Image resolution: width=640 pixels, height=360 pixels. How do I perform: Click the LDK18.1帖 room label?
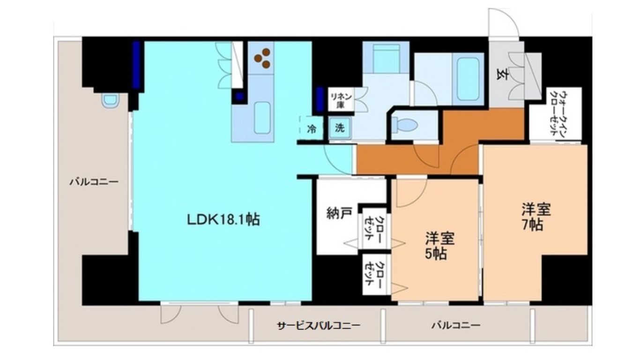point(223,219)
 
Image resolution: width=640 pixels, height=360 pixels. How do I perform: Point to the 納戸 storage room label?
point(339,213)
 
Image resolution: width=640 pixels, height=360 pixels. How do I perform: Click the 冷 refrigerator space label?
point(312,129)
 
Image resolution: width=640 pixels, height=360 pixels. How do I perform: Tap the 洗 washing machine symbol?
point(339,128)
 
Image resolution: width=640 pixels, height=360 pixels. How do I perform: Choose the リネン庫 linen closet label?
point(340,101)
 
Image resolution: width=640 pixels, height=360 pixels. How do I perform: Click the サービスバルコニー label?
point(319,326)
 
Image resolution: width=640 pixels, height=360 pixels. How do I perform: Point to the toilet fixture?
point(405,125)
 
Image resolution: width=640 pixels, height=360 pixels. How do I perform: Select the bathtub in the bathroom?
point(468,79)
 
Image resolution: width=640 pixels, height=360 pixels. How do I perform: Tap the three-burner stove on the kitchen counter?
point(262,58)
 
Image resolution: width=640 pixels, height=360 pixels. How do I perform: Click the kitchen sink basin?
point(262,118)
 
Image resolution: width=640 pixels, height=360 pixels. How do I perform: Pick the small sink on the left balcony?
point(110,101)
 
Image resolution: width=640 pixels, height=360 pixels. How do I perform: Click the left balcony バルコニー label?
point(94,182)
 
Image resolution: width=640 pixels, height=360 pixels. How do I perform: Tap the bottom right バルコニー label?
point(456,325)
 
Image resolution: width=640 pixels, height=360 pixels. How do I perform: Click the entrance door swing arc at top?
point(507,17)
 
